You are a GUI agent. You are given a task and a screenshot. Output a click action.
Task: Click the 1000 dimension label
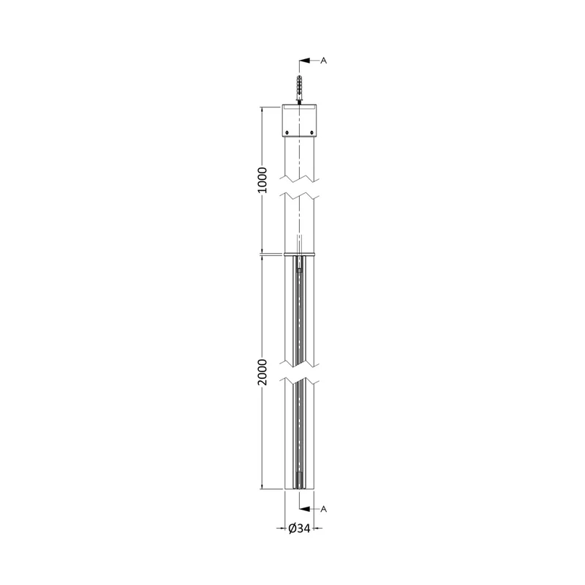[x=263, y=180]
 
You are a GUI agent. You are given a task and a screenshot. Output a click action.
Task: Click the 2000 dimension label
[x=263, y=372]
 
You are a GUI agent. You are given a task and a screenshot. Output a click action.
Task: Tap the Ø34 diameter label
[x=300, y=528]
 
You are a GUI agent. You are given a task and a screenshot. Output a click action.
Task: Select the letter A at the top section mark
[x=323, y=61]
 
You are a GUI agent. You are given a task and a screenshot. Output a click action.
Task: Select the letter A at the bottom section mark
[x=323, y=509]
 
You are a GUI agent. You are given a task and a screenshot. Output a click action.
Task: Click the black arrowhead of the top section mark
[x=305, y=61]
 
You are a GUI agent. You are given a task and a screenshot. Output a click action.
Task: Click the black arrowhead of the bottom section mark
[x=305, y=509]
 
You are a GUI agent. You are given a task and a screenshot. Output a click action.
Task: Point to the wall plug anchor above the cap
[x=299, y=87]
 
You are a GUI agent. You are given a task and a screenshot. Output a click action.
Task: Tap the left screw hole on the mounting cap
[x=287, y=132]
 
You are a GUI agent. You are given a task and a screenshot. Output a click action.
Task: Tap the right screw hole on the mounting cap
[x=312, y=132]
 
